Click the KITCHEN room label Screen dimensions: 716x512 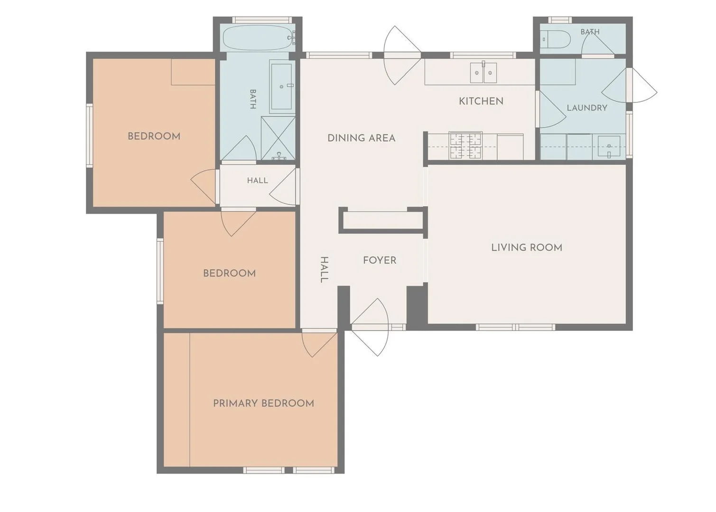point(481,101)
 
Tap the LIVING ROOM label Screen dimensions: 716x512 point(527,247)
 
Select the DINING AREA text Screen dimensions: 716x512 point(362,138)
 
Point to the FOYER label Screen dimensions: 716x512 point(380,260)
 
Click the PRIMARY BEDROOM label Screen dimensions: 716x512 point(264,403)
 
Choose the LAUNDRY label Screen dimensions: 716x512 point(587,108)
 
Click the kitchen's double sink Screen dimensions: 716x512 point(484,73)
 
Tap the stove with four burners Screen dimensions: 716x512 point(465,146)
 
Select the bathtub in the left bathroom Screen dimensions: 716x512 point(259,38)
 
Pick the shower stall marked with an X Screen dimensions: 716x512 point(278,138)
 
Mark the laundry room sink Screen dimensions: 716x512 point(609,147)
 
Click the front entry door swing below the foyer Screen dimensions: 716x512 point(370,327)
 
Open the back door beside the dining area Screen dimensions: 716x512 point(402,55)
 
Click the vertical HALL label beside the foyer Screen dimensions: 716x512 point(324,270)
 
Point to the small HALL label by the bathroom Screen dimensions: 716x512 point(257,181)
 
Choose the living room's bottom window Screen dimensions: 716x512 point(515,327)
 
